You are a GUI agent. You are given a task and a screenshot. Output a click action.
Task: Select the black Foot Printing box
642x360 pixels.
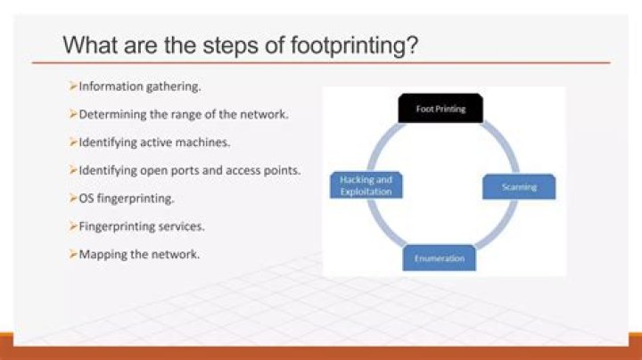tap(439, 109)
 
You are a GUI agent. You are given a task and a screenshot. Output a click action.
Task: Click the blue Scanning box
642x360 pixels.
tap(519, 186)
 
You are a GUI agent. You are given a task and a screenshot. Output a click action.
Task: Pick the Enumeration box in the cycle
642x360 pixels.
tap(439, 258)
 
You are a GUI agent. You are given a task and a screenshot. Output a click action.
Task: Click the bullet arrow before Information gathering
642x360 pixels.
tap(73, 86)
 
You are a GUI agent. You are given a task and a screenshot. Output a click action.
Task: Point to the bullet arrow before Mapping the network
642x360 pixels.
tap(73, 254)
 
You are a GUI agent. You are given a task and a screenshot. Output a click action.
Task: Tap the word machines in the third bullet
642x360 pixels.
tap(200, 143)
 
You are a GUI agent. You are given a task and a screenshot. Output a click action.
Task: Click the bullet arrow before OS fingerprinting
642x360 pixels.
tap(73, 197)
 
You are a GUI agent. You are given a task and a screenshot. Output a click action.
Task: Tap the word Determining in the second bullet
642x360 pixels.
tap(111, 115)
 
